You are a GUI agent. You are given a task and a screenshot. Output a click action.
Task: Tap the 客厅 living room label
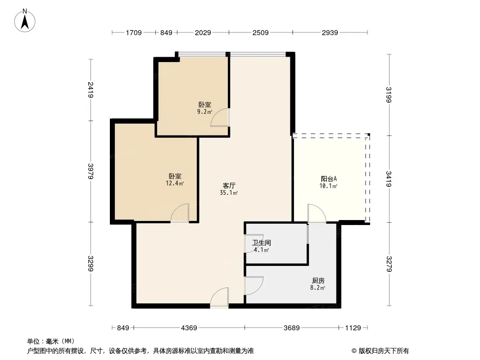coord(229,186)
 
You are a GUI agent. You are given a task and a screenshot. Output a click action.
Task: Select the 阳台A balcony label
coord(329,179)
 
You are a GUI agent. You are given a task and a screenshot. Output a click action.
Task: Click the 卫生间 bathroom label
coord(262,243)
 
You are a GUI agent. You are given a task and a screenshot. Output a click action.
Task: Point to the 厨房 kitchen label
coord(318,280)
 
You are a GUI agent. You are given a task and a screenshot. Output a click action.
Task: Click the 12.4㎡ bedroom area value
coord(175,184)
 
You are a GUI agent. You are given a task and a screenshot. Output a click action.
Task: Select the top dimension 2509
coord(261,32)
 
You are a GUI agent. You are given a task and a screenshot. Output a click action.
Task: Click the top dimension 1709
coord(134,32)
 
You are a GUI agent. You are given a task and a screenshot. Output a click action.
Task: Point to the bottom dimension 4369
coord(189,328)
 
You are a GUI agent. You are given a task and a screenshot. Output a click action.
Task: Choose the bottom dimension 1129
coord(353,328)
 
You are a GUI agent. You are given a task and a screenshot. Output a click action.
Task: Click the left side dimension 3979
coord(91,171)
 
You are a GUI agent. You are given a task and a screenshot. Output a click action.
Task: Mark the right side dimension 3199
coord(389,95)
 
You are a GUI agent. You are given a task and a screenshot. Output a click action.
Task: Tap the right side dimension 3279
coord(389,264)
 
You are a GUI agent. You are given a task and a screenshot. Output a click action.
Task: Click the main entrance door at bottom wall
coord(219,297)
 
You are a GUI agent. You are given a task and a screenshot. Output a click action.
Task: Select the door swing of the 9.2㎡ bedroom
coord(220,117)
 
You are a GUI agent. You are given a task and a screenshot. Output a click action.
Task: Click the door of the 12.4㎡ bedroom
coord(180,213)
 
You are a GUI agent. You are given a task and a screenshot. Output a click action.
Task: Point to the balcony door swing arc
coord(317,213)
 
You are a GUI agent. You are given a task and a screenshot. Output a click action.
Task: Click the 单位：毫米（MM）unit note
coord(51,342)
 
